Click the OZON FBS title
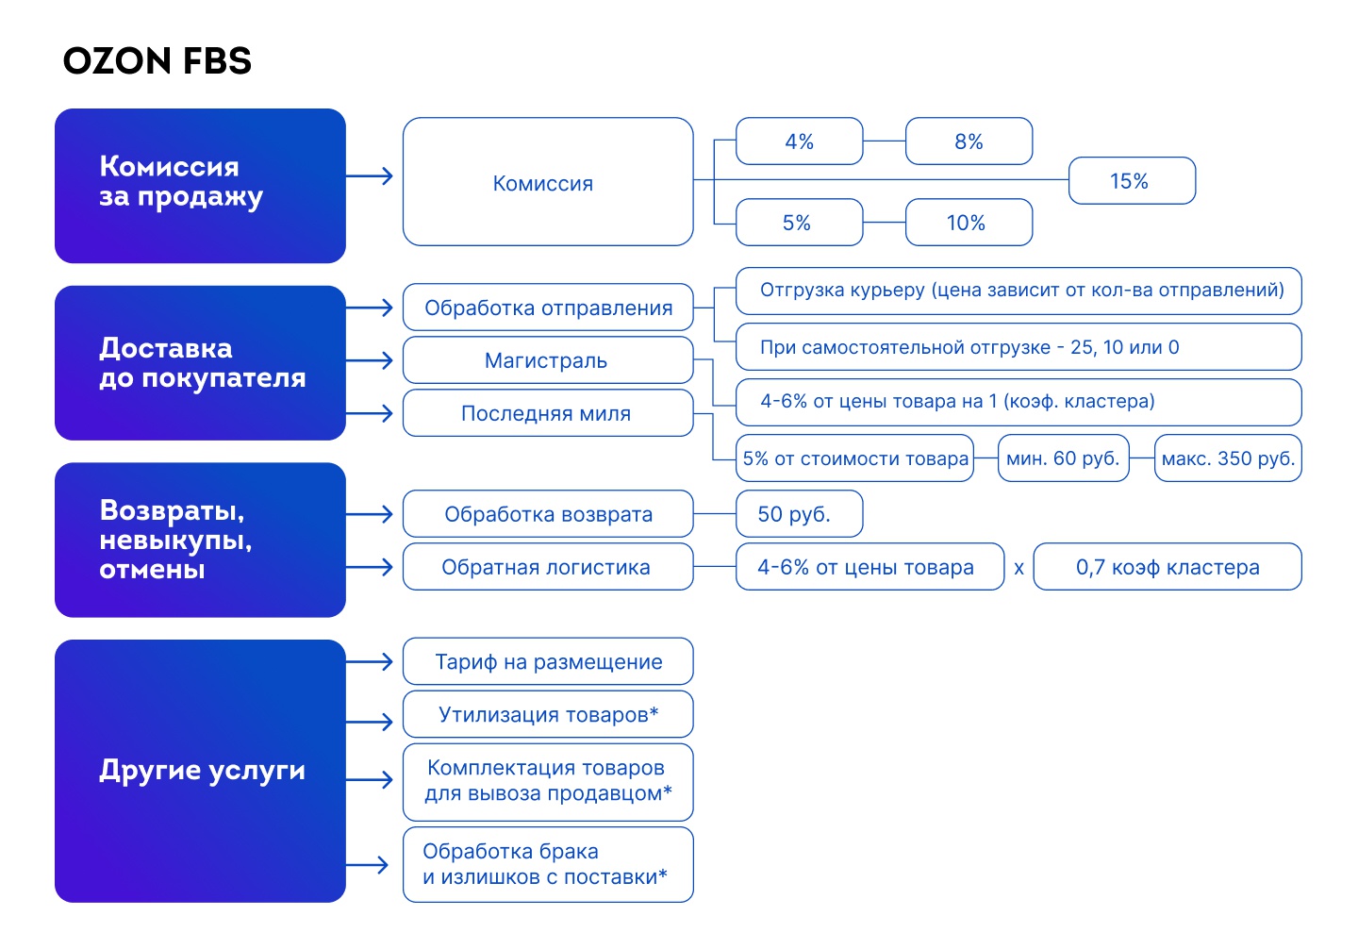tap(157, 60)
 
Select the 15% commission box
tap(1132, 181)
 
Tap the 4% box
tap(799, 142)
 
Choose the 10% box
tap(969, 223)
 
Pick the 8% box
tap(969, 142)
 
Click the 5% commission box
tap(799, 223)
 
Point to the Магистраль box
tap(548, 360)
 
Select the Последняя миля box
tap(548, 413)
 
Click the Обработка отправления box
tap(548, 308)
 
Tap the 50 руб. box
tap(799, 513)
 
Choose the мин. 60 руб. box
tap(1064, 458)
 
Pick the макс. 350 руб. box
tap(1228, 458)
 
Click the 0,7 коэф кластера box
tap(1168, 566)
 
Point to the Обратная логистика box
tap(548, 566)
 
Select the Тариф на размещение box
tap(548, 661)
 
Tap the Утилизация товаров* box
tap(548, 714)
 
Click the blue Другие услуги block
tap(200, 771)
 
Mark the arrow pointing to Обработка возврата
tap(370, 514)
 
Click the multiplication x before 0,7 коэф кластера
tap(1019, 568)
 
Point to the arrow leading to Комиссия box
tap(370, 175)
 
